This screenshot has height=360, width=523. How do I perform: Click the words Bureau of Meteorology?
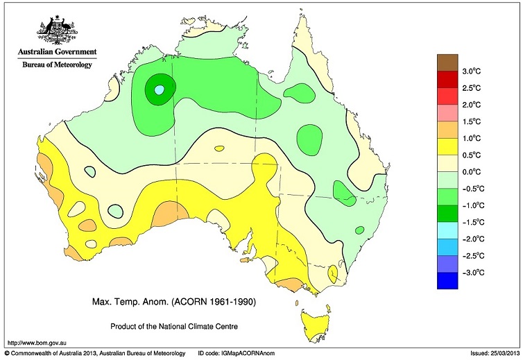tap(58, 62)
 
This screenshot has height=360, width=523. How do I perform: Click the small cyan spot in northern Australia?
tap(160, 89)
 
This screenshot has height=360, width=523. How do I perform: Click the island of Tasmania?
tap(316, 325)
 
